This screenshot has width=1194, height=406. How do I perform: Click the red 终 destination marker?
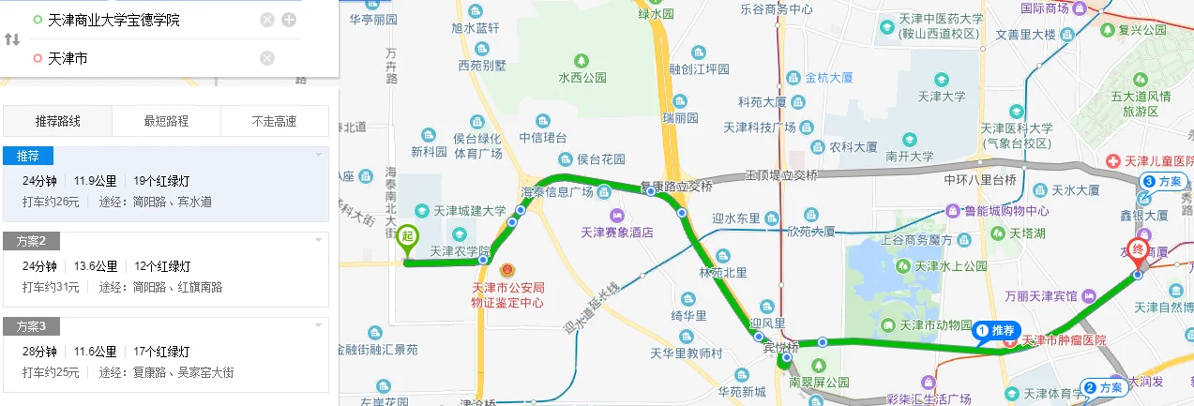click(1137, 250)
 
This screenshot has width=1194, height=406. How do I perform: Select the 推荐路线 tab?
click(58, 121)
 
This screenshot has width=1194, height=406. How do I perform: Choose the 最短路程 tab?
click(166, 121)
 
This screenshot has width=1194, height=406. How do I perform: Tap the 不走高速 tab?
click(275, 121)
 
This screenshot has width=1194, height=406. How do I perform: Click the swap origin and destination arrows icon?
click(12, 39)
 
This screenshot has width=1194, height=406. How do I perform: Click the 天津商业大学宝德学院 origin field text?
click(113, 20)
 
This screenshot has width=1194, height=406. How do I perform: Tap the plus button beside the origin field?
click(289, 20)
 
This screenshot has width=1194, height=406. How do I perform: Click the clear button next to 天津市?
click(267, 58)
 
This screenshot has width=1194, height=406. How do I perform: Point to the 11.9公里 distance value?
click(96, 181)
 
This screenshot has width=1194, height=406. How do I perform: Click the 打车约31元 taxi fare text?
click(51, 287)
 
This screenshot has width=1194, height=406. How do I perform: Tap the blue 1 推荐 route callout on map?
click(997, 330)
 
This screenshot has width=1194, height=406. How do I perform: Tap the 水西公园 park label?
click(582, 78)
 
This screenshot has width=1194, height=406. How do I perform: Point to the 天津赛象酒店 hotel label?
click(616, 233)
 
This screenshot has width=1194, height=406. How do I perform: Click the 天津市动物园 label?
click(935, 325)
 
